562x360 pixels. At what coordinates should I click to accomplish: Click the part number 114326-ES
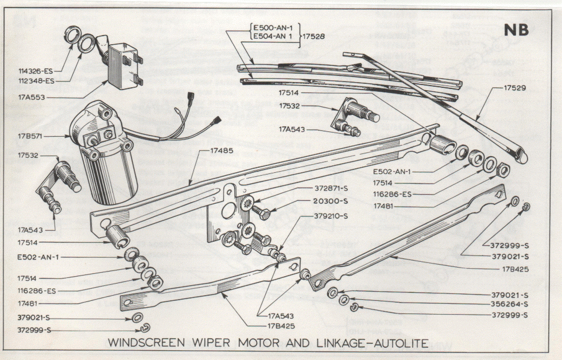click(x=36, y=71)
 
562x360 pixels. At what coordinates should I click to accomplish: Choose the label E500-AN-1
click(x=273, y=27)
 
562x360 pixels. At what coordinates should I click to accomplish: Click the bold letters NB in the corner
click(x=517, y=31)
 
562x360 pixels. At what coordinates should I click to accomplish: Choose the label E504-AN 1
click(x=273, y=36)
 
